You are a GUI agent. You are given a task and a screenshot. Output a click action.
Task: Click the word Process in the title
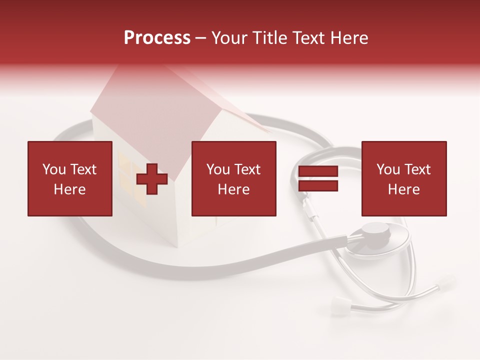(157, 38)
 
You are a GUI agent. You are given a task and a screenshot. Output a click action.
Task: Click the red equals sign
(318, 179)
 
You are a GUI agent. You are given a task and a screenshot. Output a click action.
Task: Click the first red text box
(70, 178)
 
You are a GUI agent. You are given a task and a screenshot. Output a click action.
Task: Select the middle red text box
(233, 178)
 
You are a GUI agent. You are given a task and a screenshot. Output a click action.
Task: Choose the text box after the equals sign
(403, 178)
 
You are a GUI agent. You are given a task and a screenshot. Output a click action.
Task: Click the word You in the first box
(54, 169)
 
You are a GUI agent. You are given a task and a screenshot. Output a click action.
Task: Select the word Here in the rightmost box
(403, 189)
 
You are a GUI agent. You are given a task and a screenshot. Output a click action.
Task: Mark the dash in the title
(201, 38)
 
